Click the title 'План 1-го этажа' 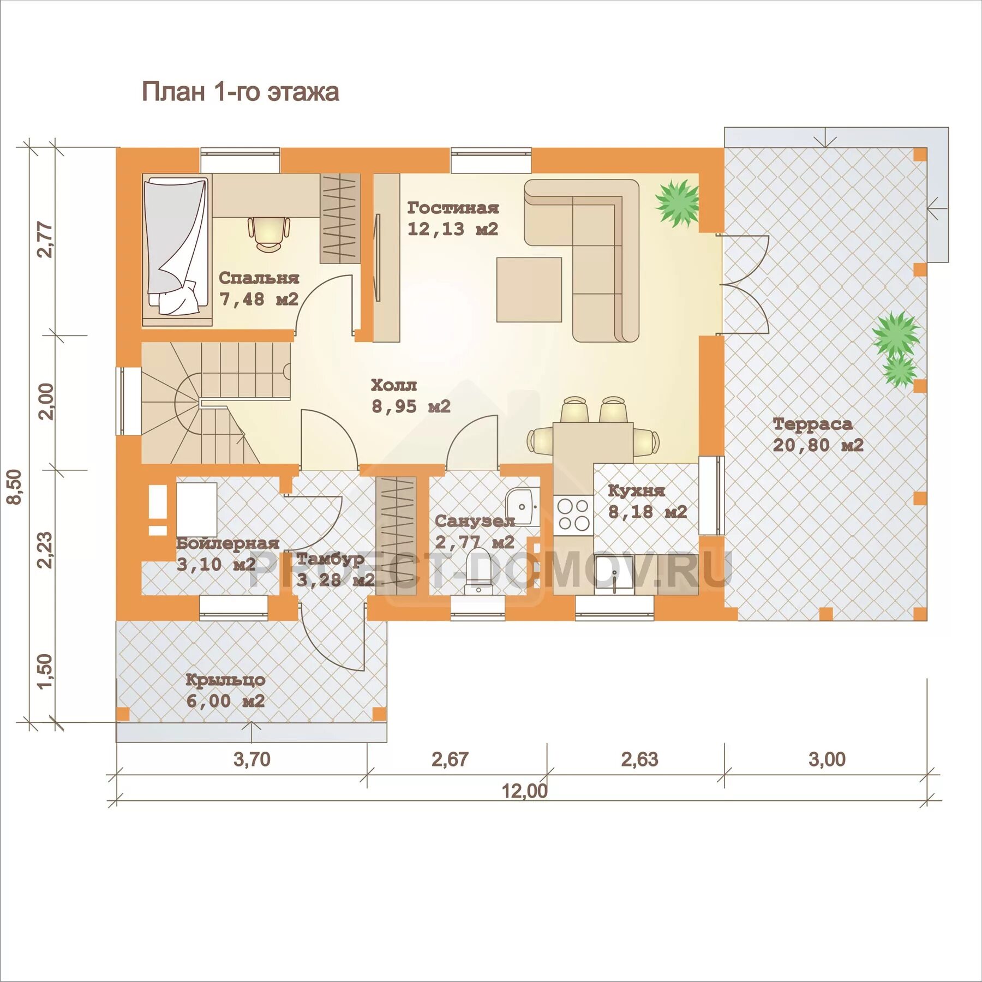(x=240, y=92)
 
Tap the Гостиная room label (x=453, y=208)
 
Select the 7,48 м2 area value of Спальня (x=259, y=299)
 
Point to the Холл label (x=394, y=385)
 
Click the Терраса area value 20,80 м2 (x=818, y=445)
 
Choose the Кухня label (x=636, y=490)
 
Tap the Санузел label (x=475, y=521)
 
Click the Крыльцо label (x=225, y=680)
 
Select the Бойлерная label (x=227, y=543)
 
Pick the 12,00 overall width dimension (x=524, y=791)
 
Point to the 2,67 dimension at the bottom (x=450, y=759)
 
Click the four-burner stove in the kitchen (x=573, y=514)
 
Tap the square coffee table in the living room (x=529, y=290)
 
